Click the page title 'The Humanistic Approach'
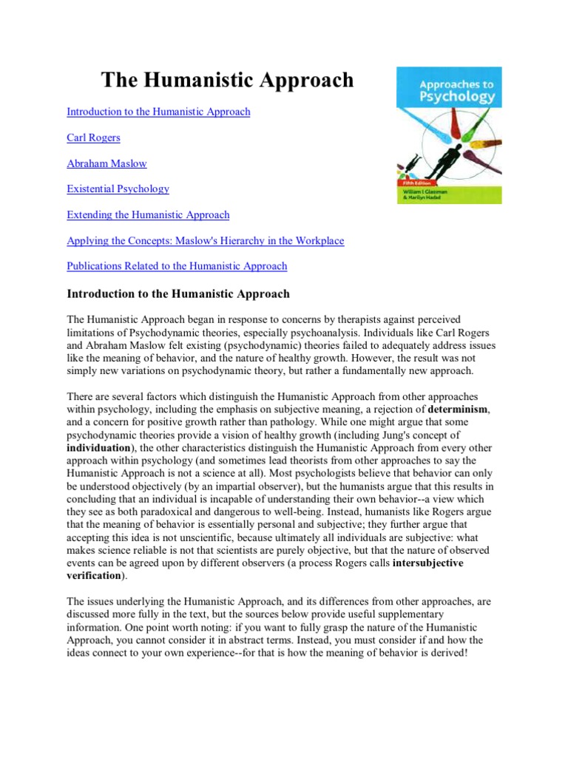227,81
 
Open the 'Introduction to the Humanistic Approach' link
158,112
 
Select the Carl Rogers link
93,138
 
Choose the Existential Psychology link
118,189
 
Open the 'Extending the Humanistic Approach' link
148,214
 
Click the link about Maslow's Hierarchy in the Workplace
205,240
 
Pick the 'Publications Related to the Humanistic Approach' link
177,265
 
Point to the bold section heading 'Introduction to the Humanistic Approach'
178,293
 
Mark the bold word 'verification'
93,575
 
